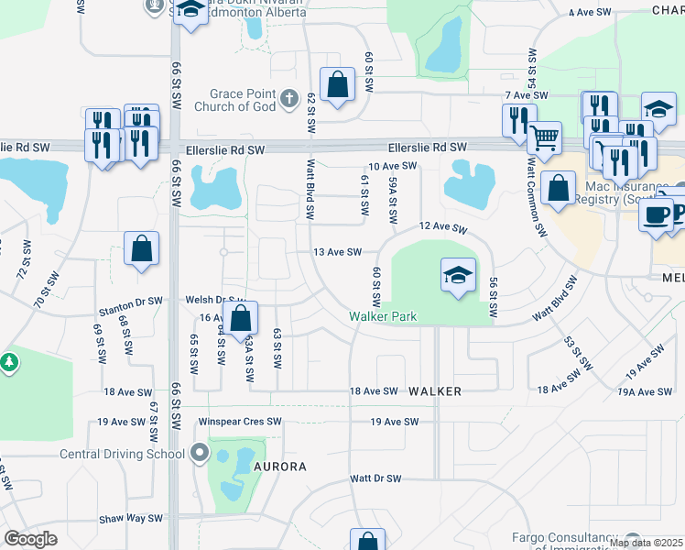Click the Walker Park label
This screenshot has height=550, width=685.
(x=383, y=316)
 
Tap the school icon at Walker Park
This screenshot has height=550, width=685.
(x=458, y=274)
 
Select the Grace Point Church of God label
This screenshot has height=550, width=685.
(x=242, y=100)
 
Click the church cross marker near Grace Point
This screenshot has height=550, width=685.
(x=288, y=97)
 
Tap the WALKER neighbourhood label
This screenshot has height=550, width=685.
(x=434, y=391)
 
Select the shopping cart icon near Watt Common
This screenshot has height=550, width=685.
(x=544, y=137)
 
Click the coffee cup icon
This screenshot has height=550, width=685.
(x=655, y=214)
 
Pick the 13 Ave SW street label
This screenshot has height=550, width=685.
(x=338, y=252)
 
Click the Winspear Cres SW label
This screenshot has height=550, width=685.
(x=241, y=422)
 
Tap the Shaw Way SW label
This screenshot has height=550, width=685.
(x=131, y=518)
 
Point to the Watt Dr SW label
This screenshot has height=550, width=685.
(x=375, y=478)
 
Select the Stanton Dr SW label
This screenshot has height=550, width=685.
(x=130, y=300)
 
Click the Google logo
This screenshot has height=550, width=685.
(x=31, y=539)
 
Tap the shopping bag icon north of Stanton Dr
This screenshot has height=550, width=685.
(x=142, y=248)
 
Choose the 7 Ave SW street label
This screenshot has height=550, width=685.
(x=526, y=95)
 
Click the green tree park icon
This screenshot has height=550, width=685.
(x=10, y=363)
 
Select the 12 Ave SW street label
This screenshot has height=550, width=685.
(x=437, y=225)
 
